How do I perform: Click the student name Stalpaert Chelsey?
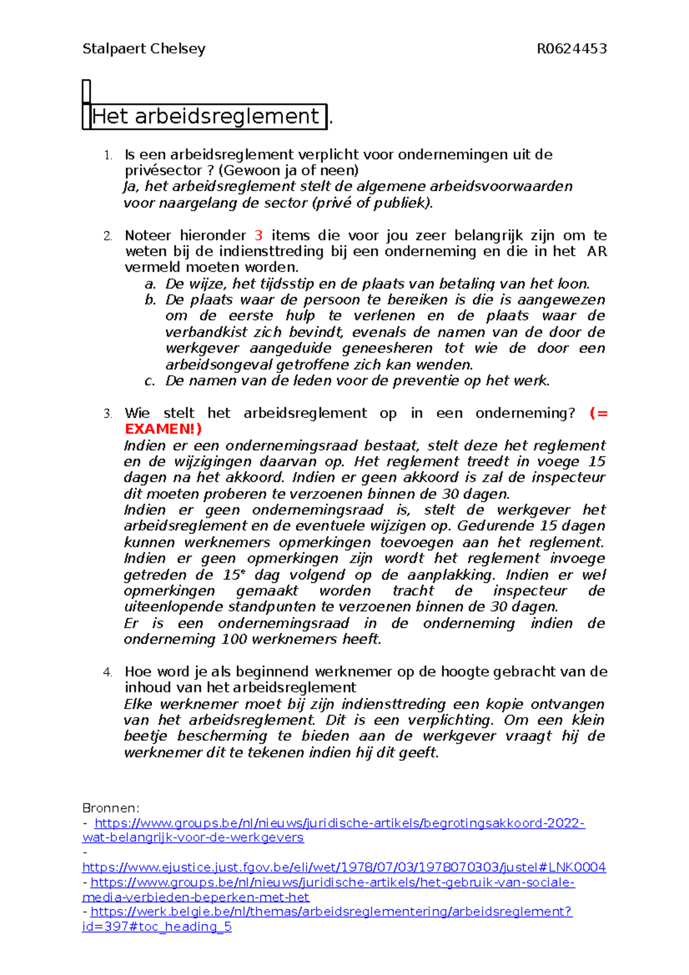[144, 49]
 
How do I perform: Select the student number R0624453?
[571, 49]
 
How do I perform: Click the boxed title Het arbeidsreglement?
[205, 117]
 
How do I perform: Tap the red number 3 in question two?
[258, 235]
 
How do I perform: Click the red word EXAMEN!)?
[163, 429]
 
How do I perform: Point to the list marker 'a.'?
[150, 284]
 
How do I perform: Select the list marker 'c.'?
[150, 381]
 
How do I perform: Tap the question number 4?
[107, 672]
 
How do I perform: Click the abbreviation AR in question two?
[597, 252]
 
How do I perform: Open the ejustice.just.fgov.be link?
[343, 867]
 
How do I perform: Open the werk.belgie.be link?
[331, 911]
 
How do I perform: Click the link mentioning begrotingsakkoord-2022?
[339, 823]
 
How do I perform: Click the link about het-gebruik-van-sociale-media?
[332, 882]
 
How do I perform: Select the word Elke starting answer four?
[138, 704]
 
